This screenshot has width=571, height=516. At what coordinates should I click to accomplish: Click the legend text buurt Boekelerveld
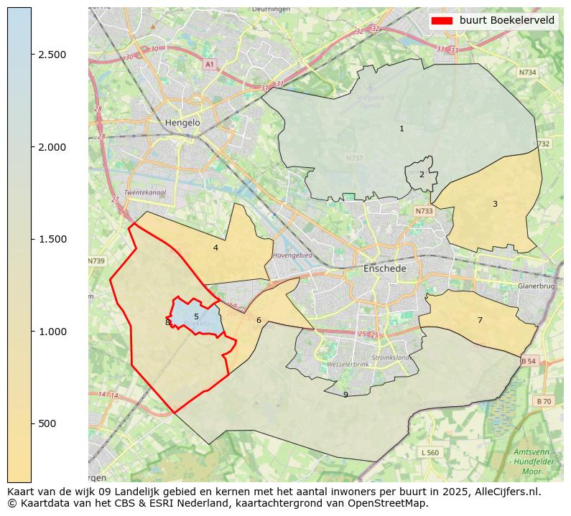tap(507, 20)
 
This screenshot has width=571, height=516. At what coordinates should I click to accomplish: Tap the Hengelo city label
tap(182, 123)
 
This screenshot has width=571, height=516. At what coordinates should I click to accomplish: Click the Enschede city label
tap(385, 268)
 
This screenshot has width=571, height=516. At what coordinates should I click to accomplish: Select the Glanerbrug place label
tap(537, 286)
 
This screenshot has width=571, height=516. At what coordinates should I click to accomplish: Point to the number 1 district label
tap(401, 128)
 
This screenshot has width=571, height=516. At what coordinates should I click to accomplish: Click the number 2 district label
tap(422, 174)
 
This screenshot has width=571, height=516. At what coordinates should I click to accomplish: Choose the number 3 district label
tap(495, 204)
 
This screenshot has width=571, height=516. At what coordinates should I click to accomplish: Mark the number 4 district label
tap(215, 248)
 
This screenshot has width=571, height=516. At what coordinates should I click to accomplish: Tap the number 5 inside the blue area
tap(196, 316)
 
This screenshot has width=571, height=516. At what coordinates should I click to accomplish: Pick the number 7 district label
tap(480, 320)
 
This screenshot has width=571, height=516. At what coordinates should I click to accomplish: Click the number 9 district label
tap(345, 395)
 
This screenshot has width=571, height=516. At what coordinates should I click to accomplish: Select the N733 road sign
tap(424, 211)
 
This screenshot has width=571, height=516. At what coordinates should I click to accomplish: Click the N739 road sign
tap(96, 261)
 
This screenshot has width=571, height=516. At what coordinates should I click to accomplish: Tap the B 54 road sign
tap(529, 360)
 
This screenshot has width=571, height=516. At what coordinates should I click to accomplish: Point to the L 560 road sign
tap(430, 452)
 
